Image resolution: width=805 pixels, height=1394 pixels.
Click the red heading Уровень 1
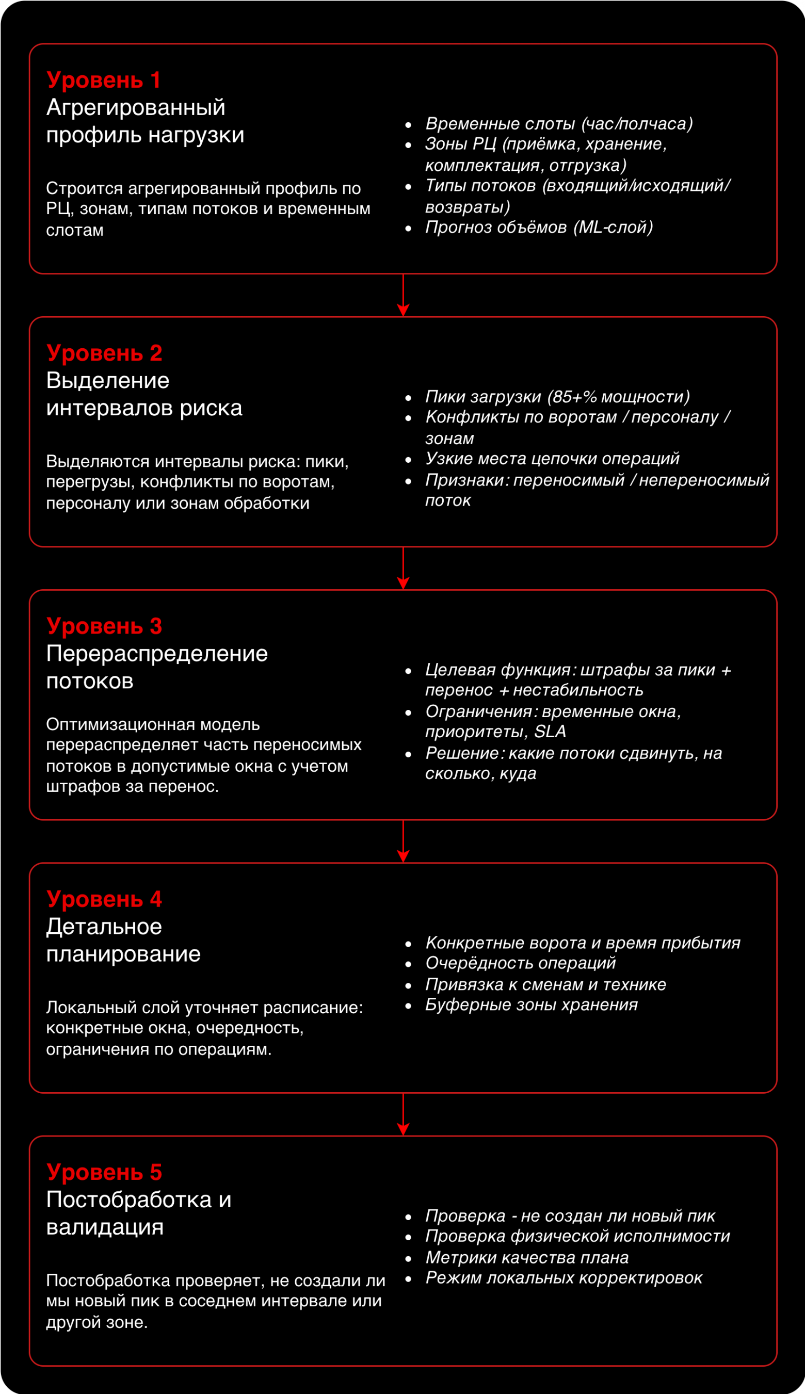pyautogui.click(x=103, y=80)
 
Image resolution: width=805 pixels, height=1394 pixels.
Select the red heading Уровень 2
pyautogui.click(x=104, y=353)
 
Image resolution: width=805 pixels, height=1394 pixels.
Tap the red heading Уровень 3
pyautogui.click(x=104, y=626)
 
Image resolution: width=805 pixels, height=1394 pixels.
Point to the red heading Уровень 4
pyautogui.click(x=104, y=899)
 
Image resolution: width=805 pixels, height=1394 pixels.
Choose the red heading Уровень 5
pyautogui.click(x=104, y=1172)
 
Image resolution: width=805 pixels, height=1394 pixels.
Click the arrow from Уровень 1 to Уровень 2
pyautogui.click(x=403, y=295)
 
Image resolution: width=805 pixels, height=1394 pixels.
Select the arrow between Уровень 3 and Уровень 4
pyautogui.click(x=403, y=841)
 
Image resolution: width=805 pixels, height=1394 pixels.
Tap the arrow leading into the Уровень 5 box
pyautogui.click(x=403, y=1114)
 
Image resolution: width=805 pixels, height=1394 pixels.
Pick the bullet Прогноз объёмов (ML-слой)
pyautogui.click(x=539, y=227)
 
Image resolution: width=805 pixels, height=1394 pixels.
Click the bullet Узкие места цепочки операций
pyautogui.click(x=552, y=459)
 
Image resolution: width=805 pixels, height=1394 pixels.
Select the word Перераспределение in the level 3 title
pyautogui.click(x=157, y=654)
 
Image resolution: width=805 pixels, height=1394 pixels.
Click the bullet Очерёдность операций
pyautogui.click(x=520, y=963)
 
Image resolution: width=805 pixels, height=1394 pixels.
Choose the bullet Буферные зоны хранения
pyautogui.click(x=532, y=1004)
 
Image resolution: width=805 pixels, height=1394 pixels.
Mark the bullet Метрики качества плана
pyautogui.click(x=527, y=1257)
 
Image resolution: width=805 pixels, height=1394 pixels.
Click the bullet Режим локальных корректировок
pyautogui.click(x=564, y=1277)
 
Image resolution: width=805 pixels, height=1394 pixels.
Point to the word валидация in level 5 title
pyautogui.click(x=105, y=1227)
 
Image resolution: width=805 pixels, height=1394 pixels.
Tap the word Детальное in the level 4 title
pyautogui.click(x=104, y=927)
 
